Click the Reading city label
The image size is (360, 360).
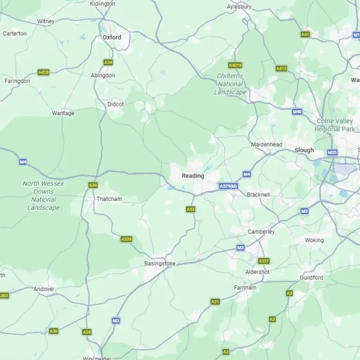point(193,176)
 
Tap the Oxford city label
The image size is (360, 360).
point(112,37)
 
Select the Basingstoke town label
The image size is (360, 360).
point(160,263)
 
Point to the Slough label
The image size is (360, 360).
point(304,150)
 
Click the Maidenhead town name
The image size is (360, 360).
point(267,144)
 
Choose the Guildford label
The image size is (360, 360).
point(311,277)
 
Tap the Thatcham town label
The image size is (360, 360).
point(109,199)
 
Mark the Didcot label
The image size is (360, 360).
point(116,104)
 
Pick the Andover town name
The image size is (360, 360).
point(44,289)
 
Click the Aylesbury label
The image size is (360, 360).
point(239,7)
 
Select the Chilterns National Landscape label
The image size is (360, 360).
point(231,84)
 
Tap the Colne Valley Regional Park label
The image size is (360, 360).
point(335,125)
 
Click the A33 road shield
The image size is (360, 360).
point(190,209)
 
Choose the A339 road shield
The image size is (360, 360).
point(126,239)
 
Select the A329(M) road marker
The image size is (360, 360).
point(228,187)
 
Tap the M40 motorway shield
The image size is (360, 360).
point(297,112)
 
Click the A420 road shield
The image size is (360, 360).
point(44,72)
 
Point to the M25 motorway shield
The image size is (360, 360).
point(332,152)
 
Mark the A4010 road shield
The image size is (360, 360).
point(235,65)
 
